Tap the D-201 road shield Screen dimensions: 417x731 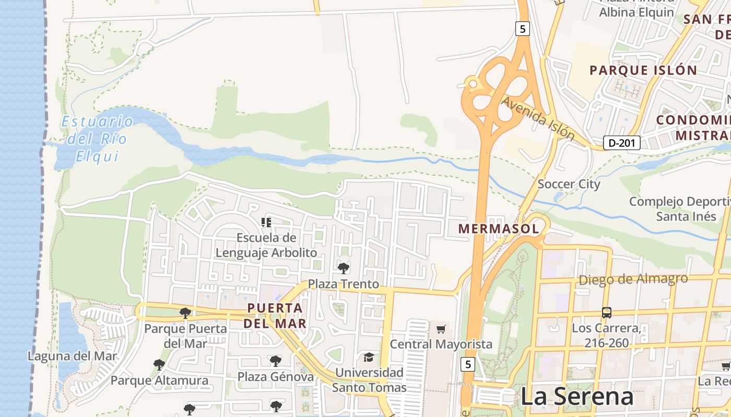(621, 143)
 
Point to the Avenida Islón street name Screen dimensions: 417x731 (538, 118)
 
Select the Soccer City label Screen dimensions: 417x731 (569, 184)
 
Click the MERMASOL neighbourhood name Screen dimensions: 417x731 (498, 228)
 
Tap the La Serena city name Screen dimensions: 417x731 (577, 397)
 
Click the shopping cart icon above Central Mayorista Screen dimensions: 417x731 (441, 329)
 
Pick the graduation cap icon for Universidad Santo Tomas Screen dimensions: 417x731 (369, 357)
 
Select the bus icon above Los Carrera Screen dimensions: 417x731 (606, 313)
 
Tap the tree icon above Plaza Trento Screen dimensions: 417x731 (344, 268)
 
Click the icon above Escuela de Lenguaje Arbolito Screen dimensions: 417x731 (266, 223)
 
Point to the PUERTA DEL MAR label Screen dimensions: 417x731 (275, 315)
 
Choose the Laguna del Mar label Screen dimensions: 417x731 (73, 357)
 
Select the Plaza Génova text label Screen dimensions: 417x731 (276, 376)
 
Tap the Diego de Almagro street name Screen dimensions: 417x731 (633, 279)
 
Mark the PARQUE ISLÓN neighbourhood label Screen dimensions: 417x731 (643, 70)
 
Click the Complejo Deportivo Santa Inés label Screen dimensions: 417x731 (679, 208)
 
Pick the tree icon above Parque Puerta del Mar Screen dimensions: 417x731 (185, 313)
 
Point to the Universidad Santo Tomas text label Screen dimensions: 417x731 (369, 380)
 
